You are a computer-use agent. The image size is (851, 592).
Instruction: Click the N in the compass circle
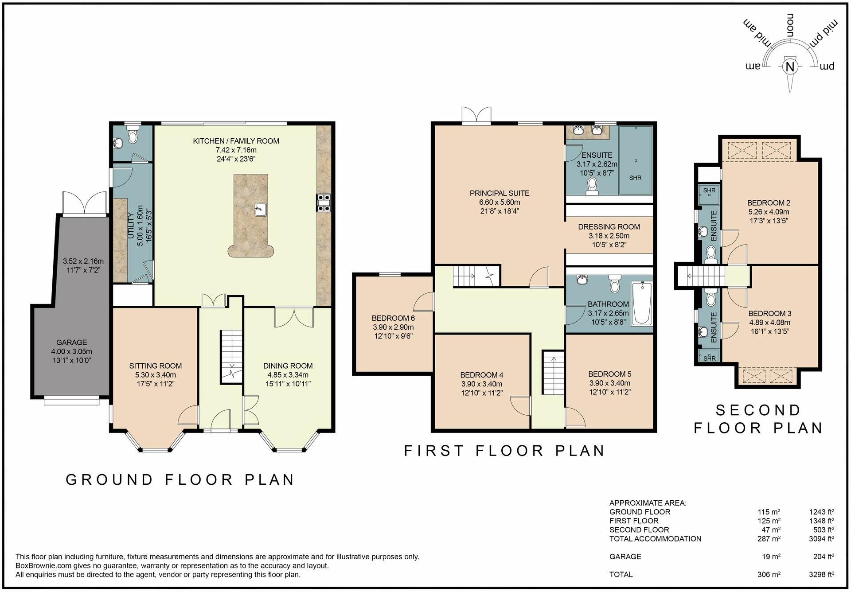tap(789, 67)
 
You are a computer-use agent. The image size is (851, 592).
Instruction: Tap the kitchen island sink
tap(261, 209)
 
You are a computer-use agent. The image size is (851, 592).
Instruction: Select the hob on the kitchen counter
tap(324, 203)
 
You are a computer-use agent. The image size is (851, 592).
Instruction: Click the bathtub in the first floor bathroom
tap(641, 304)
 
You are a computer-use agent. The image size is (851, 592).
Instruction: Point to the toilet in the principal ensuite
tap(592, 187)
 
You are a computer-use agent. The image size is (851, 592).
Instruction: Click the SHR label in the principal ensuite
tap(635, 178)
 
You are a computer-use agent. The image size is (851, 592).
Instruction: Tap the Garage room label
tap(72, 343)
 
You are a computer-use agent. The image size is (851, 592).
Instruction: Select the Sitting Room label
tap(156, 366)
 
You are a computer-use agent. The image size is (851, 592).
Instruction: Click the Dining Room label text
tap(288, 366)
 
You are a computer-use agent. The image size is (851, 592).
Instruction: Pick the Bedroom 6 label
tap(393, 318)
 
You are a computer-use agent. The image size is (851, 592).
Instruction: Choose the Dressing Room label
tap(609, 227)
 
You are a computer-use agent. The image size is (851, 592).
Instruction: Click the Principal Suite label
tap(500, 193)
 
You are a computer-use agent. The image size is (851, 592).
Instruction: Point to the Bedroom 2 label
tap(769, 203)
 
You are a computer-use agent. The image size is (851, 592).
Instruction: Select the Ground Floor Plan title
tap(180, 479)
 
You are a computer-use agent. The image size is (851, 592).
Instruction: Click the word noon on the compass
tap(789, 25)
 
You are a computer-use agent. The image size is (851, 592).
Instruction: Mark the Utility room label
tap(131, 226)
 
